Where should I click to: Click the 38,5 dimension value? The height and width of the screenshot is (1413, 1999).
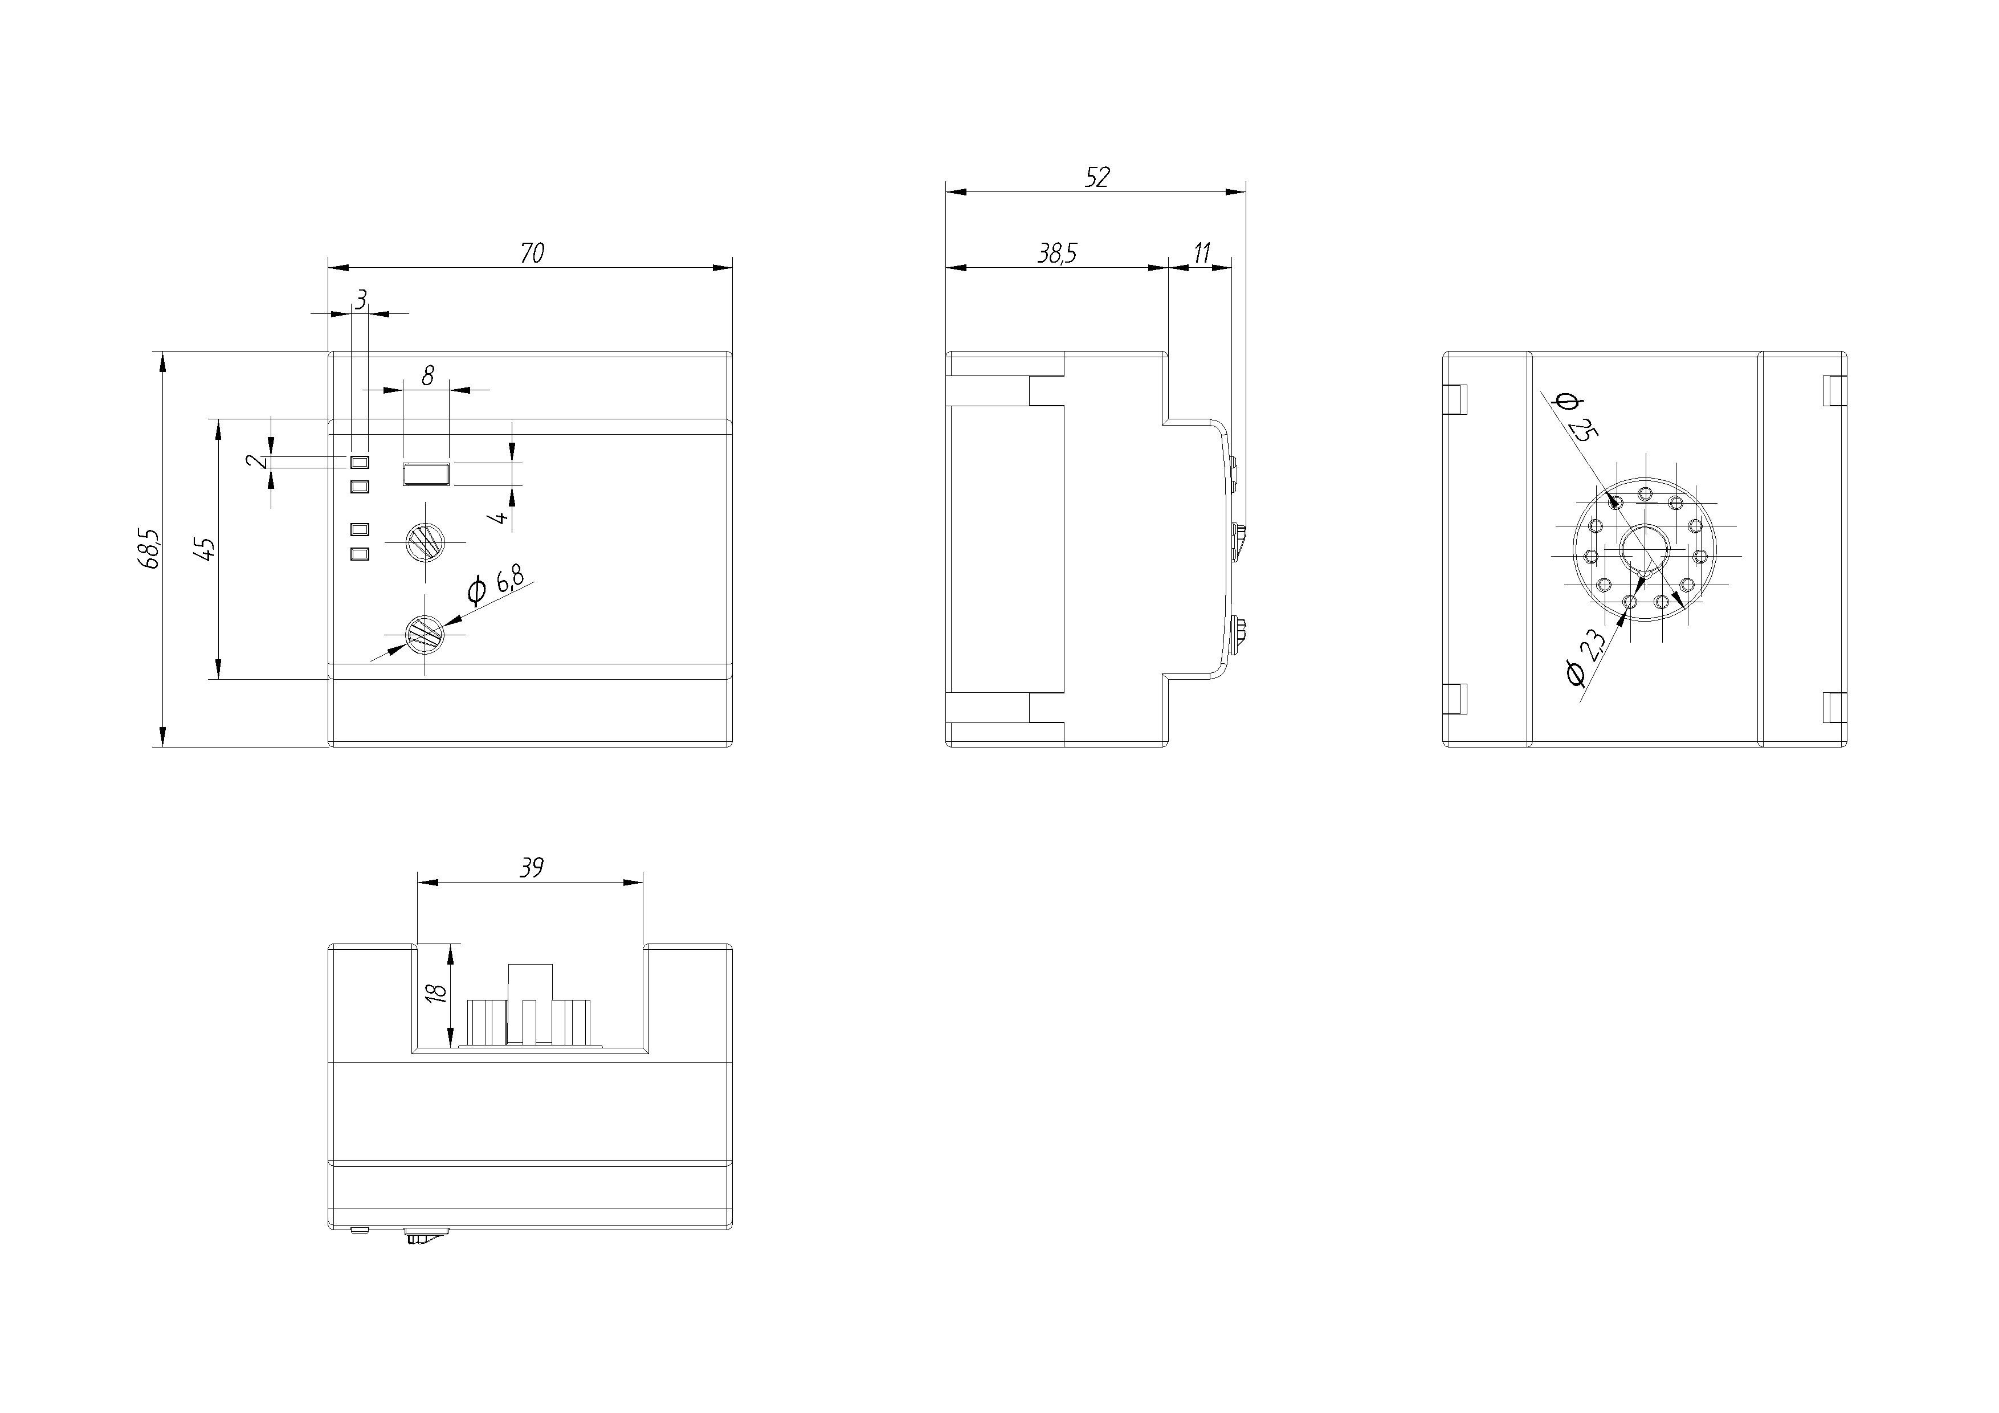tap(1056, 254)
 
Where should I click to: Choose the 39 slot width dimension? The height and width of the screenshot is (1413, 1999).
tap(531, 868)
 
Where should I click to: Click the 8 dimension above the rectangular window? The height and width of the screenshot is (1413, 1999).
tap(427, 376)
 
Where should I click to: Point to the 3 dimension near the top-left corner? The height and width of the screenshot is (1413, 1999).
tap(361, 300)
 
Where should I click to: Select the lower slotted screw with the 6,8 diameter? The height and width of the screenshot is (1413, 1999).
tap(425, 633)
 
